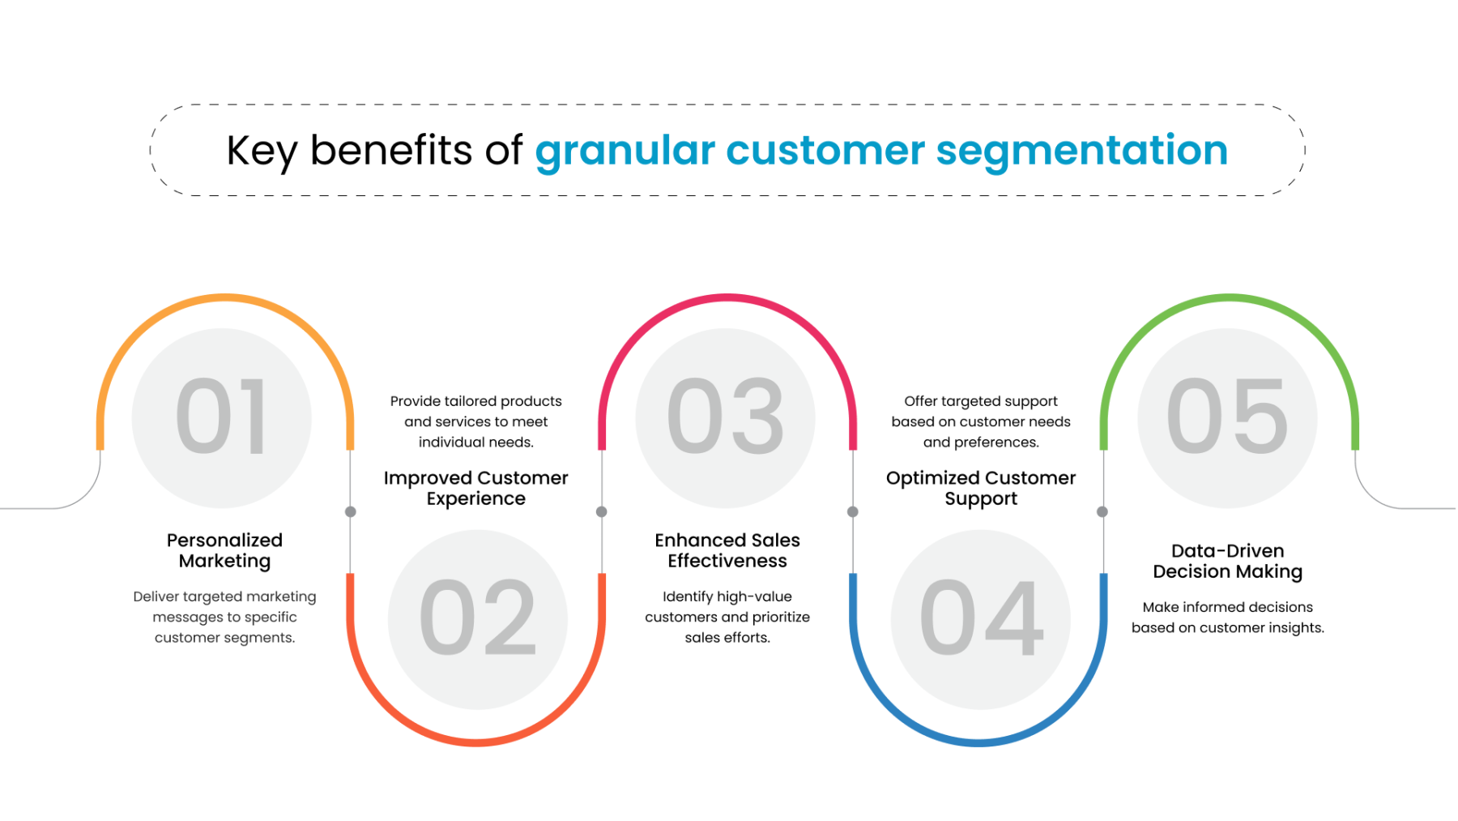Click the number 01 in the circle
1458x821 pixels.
[221, 417]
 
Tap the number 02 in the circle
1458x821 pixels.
[477, 618]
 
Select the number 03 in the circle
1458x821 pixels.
[725, 417]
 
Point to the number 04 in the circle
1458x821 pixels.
[981, 618]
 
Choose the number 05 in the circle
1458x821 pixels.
[1226, 417]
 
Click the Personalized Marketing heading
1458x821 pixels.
[224, 550]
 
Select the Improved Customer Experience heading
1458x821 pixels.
[475, 488]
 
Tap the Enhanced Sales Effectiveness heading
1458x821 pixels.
[727, 550]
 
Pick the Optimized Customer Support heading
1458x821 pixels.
[980, 488]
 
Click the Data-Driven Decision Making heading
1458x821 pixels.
[1227, 561]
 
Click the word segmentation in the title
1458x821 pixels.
[1081, 151]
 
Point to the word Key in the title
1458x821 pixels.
[261, 152]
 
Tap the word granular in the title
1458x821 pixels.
[625, 152]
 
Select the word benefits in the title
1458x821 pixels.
[390, 151]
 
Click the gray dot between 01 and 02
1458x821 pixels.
[351, 511]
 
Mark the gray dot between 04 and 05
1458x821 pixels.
[1102, 511]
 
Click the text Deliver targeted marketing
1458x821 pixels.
[224, 597]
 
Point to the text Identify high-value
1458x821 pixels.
[727, 597]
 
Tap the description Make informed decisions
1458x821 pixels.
[1227, 607]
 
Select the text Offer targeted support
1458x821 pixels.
[980, 401]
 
